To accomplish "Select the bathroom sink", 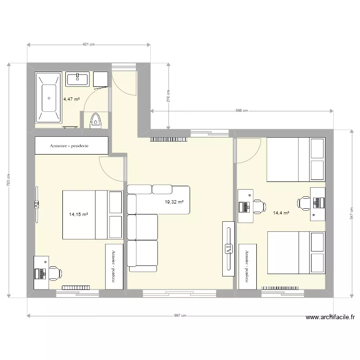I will click(77, 79).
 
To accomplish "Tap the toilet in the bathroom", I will click(96, 120).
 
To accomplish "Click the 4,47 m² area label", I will click(71, 99).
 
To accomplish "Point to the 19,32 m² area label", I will click(174, 202).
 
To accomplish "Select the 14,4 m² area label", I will click(281, 213).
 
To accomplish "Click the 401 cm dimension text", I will click(89, 45).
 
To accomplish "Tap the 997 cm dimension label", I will click(180, 316).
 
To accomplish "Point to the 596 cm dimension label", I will click(241, 111).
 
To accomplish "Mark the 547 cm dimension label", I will click(352, 212).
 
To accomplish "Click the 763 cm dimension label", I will click(9, 180).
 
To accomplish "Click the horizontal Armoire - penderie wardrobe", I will click(72, 145).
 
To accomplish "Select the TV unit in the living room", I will click(228, 249).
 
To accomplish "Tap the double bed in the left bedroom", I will click(92, 215).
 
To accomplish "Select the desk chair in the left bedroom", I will click(55, 273).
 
